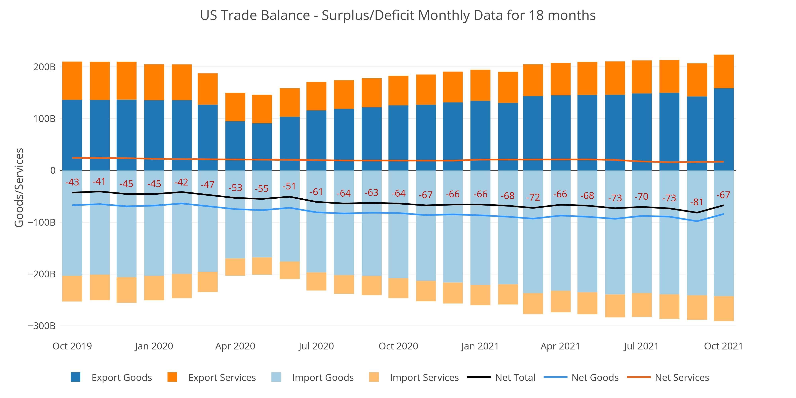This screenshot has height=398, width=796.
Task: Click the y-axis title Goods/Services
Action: point(19,188)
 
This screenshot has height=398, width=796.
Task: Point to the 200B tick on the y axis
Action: point(44,67)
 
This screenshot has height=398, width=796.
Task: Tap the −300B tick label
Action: point(42,326)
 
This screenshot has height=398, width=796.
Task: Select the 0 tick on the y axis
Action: point(53,170)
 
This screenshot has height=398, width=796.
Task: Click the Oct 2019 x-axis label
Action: point(72,346)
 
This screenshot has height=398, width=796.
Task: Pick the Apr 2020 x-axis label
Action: point(235,346)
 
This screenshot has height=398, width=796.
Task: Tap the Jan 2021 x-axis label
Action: point(480,346)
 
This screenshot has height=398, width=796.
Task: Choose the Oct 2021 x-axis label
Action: point(723,346)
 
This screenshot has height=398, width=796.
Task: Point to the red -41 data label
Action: point(99,181)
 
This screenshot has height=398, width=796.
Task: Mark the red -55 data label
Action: point(261,188)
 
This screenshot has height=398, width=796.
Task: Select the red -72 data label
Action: point(533,197)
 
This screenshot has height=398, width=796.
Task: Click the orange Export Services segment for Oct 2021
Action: point(724,71)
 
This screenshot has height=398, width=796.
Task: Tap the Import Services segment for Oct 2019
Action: point(72,289)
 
